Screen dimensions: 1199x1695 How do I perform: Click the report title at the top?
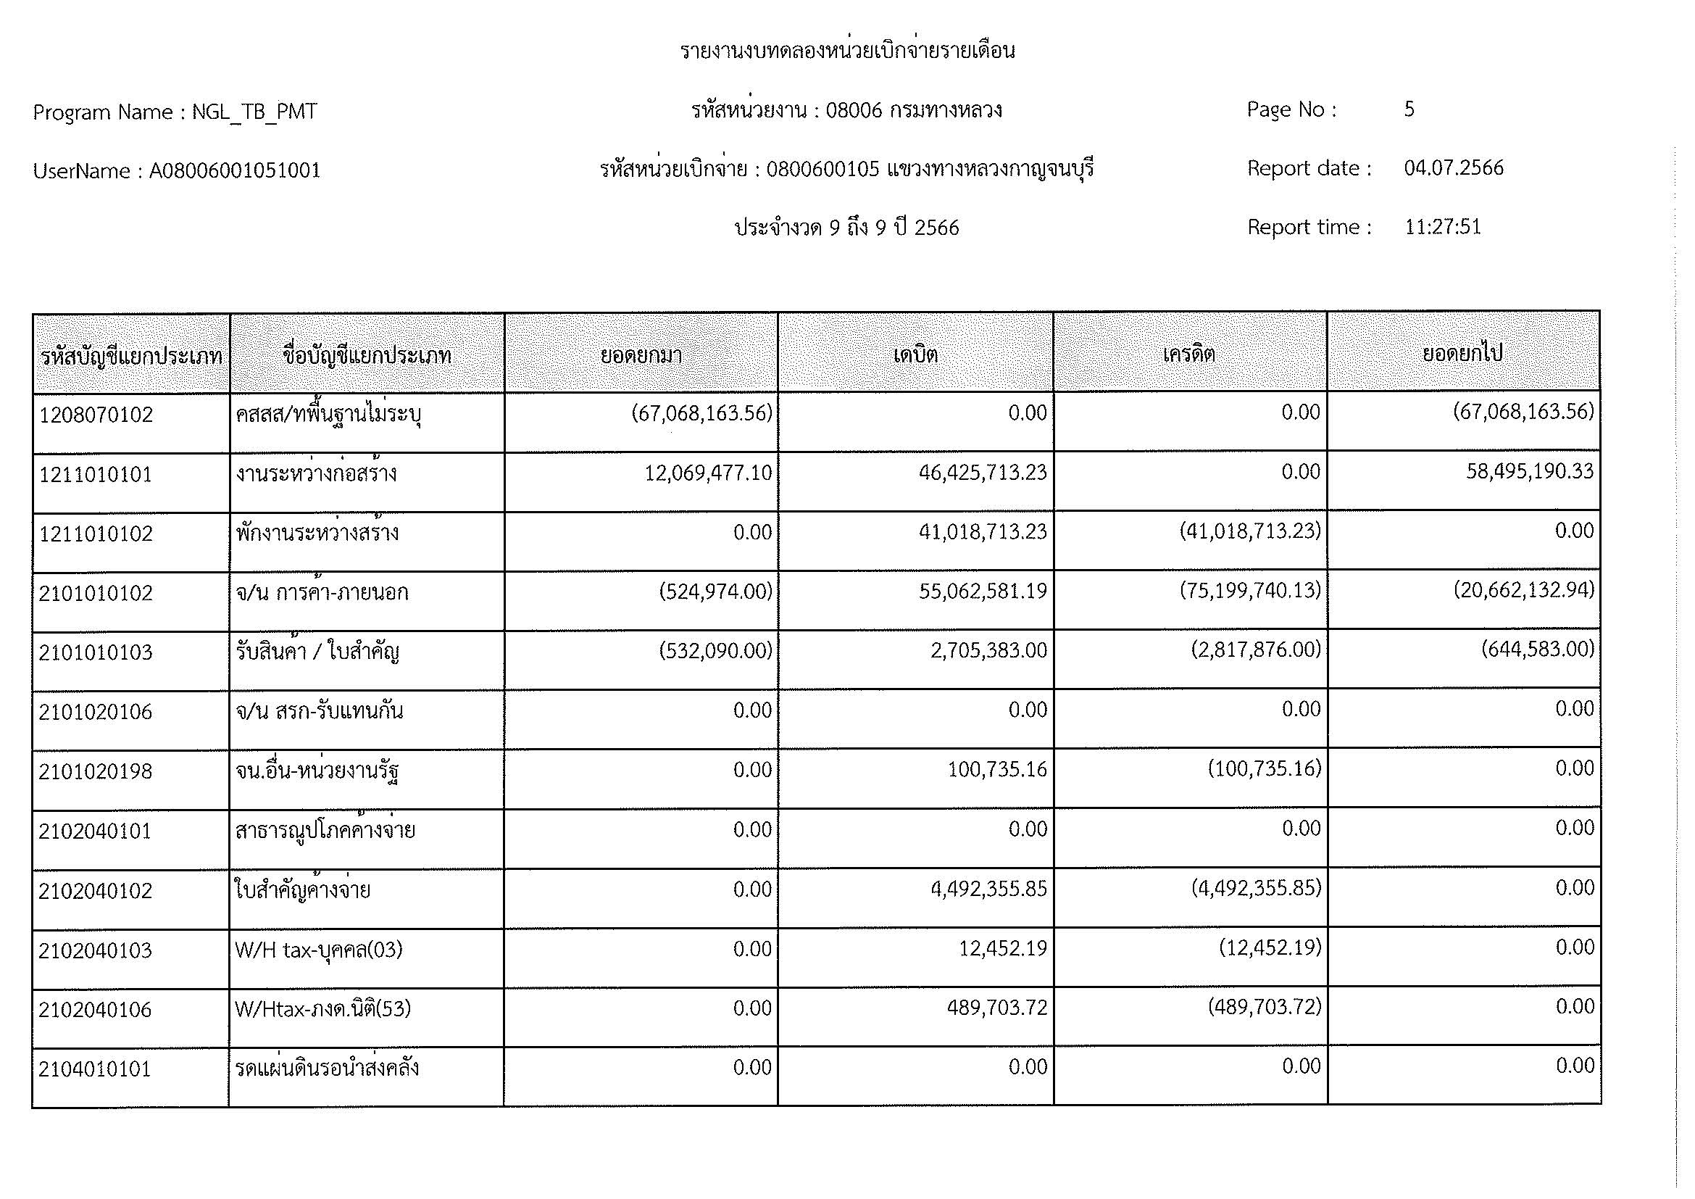pos(846,51)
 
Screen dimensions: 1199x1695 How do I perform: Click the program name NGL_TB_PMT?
pos(254,112)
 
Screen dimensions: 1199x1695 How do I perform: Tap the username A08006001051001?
pos(235,171)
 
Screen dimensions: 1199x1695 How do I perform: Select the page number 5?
pos(1409,110)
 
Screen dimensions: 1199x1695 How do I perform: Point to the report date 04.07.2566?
pos(1453,168)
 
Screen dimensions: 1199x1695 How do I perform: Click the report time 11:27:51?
pos(1442,227)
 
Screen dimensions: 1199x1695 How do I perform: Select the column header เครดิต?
pos(1188,354)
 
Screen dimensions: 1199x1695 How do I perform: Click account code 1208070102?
pos(96,415)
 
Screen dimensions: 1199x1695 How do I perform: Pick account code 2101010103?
pos(96,652)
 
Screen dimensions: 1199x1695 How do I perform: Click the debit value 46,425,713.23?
pos(983,473)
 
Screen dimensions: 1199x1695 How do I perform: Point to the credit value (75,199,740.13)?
pos(1250,591)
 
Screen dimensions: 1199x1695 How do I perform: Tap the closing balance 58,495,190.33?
pos(1530,471)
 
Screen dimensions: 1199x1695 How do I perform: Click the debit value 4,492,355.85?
pos(988,889)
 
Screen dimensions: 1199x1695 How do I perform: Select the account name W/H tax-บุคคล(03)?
pos(319,950)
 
